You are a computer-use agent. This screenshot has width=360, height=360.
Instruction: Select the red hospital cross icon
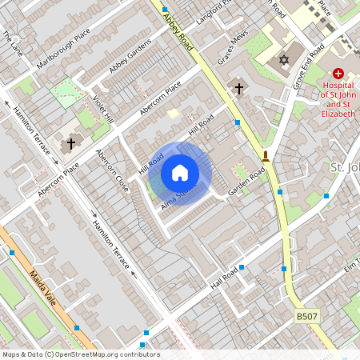coord(338,73)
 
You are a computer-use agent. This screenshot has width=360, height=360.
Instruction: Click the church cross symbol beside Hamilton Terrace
coord(71,144)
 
